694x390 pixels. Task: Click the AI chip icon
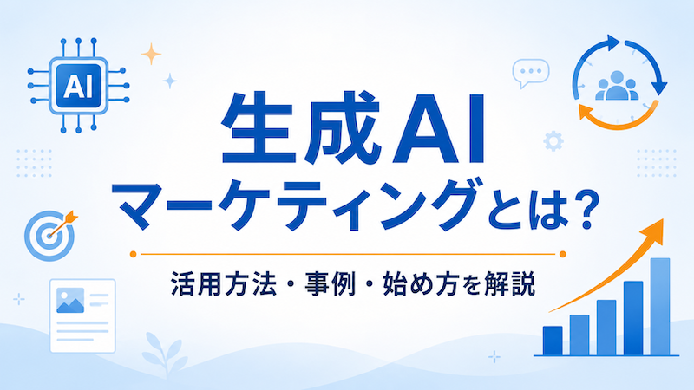click(x=78, y=86)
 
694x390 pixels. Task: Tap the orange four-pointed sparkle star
click(x=151, y=54)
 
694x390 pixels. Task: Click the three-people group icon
click(x=617, y=86)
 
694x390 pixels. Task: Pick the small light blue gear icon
click(x=553, y=141)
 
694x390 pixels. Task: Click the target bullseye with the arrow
click(x=49, y=235)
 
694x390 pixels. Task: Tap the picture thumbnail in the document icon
click(x=70, y=300)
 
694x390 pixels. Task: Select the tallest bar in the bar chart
click(x=660, y=307)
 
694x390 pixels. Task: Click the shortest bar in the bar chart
click(x=553, y=341)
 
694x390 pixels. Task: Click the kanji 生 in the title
click(x=259, y=128)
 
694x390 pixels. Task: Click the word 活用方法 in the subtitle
click(x=224, y=283)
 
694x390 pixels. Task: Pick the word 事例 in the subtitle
click(x=331, y=283)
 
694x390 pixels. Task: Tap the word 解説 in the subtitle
click(x=510, y=283)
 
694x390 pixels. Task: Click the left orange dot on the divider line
click(x=134, y=254)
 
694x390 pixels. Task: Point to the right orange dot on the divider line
click(x=562, y=254)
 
